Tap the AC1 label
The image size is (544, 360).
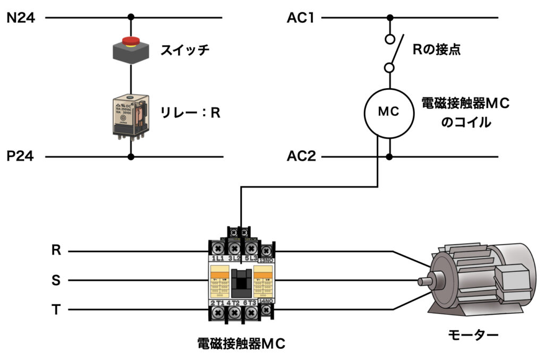tap(301, 18)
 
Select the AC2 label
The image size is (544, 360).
tap(301, 157)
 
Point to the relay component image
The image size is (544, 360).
tap(131, 116)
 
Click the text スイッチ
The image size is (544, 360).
tap(185, 50)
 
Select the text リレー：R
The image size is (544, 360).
tap(190, 113)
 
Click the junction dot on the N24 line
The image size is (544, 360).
tap(131, 18)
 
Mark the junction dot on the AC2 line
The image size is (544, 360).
tap(389, 157)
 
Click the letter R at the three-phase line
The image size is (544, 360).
tap(56, 250)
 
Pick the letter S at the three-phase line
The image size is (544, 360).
tap(56, 280)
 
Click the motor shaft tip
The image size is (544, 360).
tap(421, 281)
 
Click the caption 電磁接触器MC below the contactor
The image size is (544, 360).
tap(241, 344)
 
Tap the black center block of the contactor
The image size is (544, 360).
tap(242, 281)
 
